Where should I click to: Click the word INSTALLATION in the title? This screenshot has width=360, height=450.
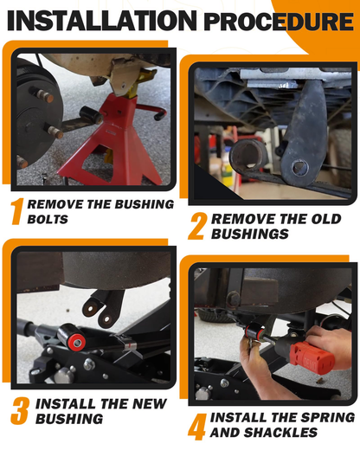tap(101, 21)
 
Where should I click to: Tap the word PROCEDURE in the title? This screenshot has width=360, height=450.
tap(279, 22)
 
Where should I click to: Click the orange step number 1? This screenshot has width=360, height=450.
tap(16, 211)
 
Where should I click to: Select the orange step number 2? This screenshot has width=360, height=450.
tap(197, 226)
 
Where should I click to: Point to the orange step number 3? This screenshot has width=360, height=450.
tap(20, 411)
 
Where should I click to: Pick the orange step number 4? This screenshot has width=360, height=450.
tap(197, 427)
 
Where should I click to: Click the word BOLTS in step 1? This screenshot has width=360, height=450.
tap(48, 219)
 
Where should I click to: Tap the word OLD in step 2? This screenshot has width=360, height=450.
tap(326, 219)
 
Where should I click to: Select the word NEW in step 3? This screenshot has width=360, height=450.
tap(150, 404)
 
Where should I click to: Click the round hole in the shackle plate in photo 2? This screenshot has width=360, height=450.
tap(299, 167)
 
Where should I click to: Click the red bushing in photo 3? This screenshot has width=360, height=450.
tap(77, 342)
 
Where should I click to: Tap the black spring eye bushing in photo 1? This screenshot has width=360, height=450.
tap(91, 116)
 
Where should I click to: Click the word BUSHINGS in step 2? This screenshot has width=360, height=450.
tap(250, 234)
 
